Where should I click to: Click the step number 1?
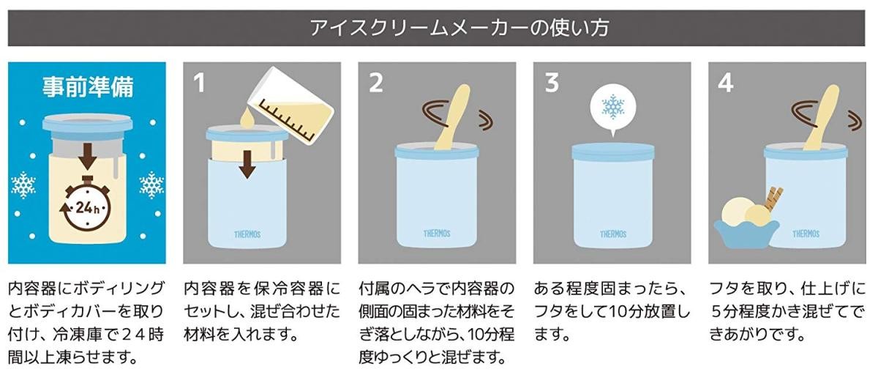pyautogui.click(x=200, y=83)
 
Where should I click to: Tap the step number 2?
pyautogui.click(x=375, y=83)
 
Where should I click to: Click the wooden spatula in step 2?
pyautogui.click(x=452, y=117)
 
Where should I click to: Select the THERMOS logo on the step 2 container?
pyautogui.click(x=437, y=234)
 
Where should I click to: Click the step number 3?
pyautogui.click(x=551, y=83)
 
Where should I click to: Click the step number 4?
pyautogui.click(x=725, y=83)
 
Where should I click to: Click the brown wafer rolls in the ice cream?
pyautogui.click(x=773, y=198)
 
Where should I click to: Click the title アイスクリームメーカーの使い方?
pyautogui.click(x=459, y=28)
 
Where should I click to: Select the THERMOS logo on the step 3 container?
pyautogui.click(x=612, y=234)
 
